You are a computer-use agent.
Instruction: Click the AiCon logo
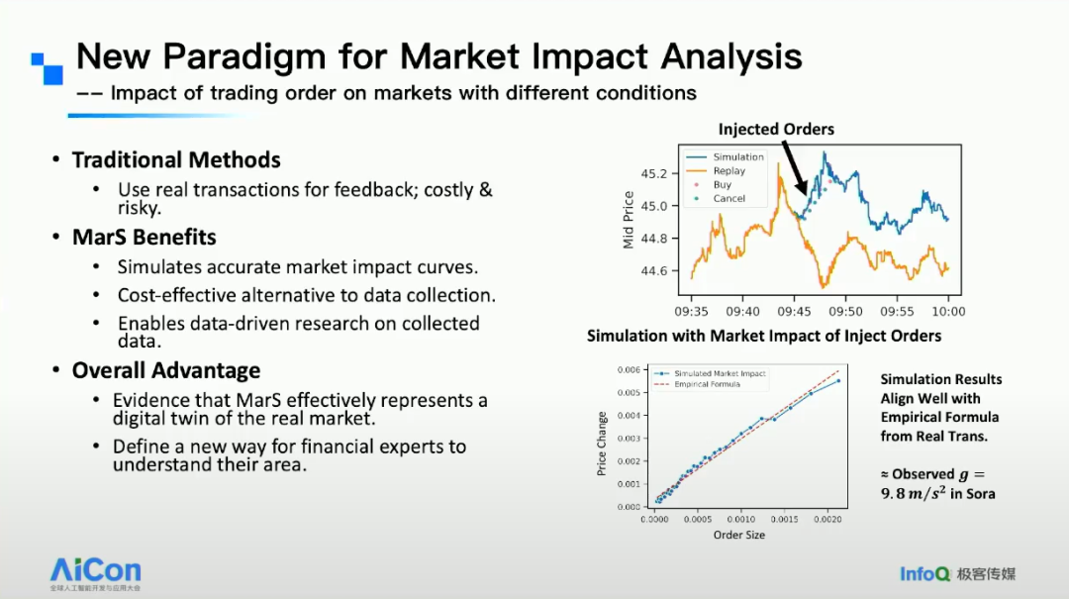click(96, 571)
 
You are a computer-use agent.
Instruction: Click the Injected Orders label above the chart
click(776, 130)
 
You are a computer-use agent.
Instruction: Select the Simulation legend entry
click(738, 156)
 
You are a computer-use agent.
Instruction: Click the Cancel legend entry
click(729, 198)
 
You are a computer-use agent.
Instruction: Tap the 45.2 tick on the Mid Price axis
click(653, 173)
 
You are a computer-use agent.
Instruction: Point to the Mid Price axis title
click(629, 220)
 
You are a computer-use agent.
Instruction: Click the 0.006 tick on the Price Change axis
click(629, 370)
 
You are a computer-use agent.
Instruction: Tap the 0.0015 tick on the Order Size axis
click(783, 519)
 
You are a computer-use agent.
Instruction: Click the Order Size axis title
click(738, 535)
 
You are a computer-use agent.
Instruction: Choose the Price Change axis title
click(602, 444)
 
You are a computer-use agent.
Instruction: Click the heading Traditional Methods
click(176, 160)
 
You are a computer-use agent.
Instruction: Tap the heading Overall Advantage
click(166, 370)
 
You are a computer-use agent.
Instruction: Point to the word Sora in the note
click(981, 493)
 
